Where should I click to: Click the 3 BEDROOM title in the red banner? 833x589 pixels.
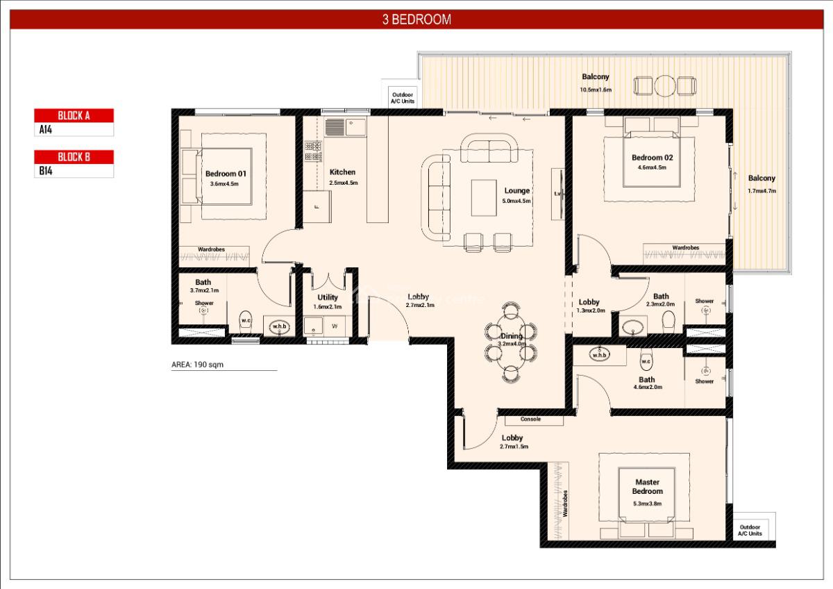point(416,19)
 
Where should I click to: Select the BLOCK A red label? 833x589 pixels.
point(74,115)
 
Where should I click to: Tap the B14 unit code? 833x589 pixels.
point(46,170)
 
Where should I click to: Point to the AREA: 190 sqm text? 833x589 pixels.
point(197,364)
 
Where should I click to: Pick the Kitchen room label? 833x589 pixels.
point(342,172)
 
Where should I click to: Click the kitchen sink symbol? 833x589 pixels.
point(335,127)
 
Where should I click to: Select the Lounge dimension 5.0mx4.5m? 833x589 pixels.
point(516,201)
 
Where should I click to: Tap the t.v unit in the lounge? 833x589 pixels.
point(557,194)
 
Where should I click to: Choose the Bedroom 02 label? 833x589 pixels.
point(652,158)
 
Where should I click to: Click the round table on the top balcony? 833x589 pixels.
point(664,86)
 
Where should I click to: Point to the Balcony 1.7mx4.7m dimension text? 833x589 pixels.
point(762,190)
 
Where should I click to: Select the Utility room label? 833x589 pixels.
point(328,297)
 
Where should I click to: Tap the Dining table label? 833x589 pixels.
point(511,336)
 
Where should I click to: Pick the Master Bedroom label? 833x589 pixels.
point(647,486)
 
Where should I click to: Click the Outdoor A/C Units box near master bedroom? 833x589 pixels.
point(750,530)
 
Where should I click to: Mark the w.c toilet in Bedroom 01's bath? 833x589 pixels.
point(246,320)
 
